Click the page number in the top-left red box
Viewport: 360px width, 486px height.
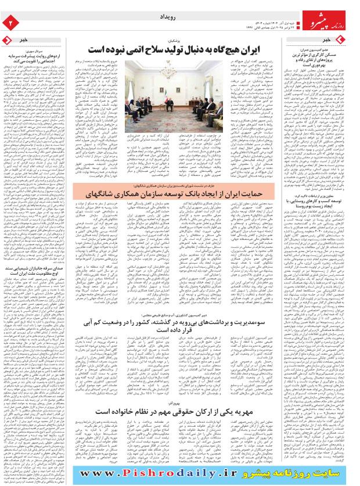[9, 23]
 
